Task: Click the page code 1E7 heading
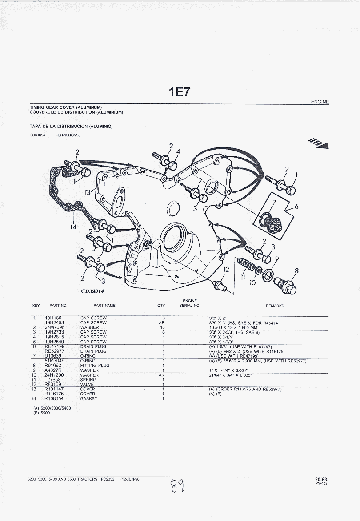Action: point(179,92)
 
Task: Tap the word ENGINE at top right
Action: point(320,102)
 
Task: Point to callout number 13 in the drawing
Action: point(88,192)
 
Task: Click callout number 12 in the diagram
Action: point(226,270)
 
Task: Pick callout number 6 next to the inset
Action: point(296,206)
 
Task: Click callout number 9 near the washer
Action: point(276,259)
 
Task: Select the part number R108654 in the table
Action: point(52,398)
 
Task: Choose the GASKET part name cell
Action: point(88,398)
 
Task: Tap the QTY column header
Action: point(161,306)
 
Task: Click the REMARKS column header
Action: point(275,306)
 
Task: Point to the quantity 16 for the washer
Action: point(163,327)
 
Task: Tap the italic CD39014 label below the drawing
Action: point(92,291)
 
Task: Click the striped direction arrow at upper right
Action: point(319,143)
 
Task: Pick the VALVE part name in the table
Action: point(86,384)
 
